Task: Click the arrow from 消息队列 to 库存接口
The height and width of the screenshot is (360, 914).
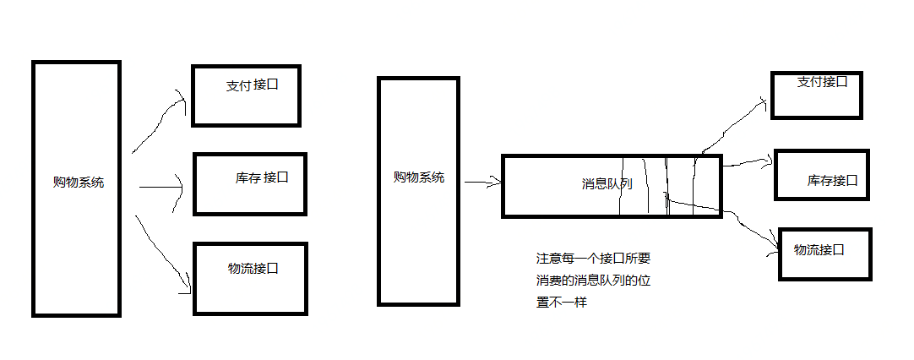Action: click(x=748, y=162)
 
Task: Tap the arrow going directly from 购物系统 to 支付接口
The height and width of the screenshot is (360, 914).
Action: click(x=160, y=123)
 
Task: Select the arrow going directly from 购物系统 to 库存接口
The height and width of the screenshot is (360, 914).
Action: click(x=160, y=187)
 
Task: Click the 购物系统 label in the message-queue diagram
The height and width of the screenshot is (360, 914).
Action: click(x=419, y=177)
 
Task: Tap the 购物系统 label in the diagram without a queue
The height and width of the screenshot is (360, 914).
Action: click(x=79, y=183)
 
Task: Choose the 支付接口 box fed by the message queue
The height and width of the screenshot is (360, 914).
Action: click(x=817, y=94)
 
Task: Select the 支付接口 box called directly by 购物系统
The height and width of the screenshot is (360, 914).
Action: click(x=246, y=95)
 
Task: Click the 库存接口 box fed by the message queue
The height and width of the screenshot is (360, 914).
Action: click(x=821, y=174)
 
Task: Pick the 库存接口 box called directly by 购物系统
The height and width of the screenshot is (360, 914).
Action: click(x=249, y=183)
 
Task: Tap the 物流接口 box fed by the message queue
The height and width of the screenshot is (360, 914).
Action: click(x=824, y=253)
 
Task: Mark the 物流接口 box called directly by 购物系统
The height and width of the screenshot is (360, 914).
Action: click(x=249, y=278)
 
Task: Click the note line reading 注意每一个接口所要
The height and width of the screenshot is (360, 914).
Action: click(x=594, y=259)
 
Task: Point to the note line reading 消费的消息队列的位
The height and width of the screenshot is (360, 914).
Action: click(x=594, y=280)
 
